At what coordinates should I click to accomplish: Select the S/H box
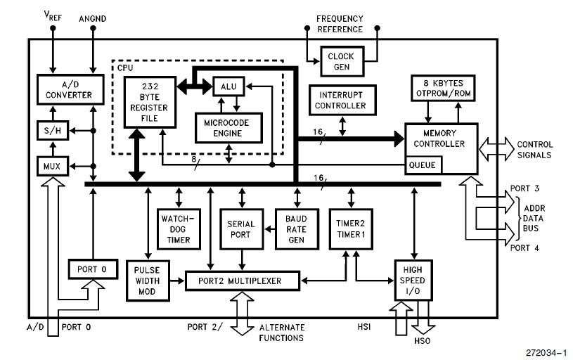tap(50, 131)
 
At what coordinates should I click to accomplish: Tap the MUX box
tap(51, 166)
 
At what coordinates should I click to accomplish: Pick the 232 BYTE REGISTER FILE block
tap(148, 101)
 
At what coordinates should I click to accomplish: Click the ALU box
tap(227, 86)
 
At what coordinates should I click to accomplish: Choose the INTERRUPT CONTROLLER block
tap(342, 101)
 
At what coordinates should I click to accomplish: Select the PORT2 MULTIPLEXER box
tap(243, 281)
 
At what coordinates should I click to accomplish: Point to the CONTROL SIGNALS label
tap(534, 149)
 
